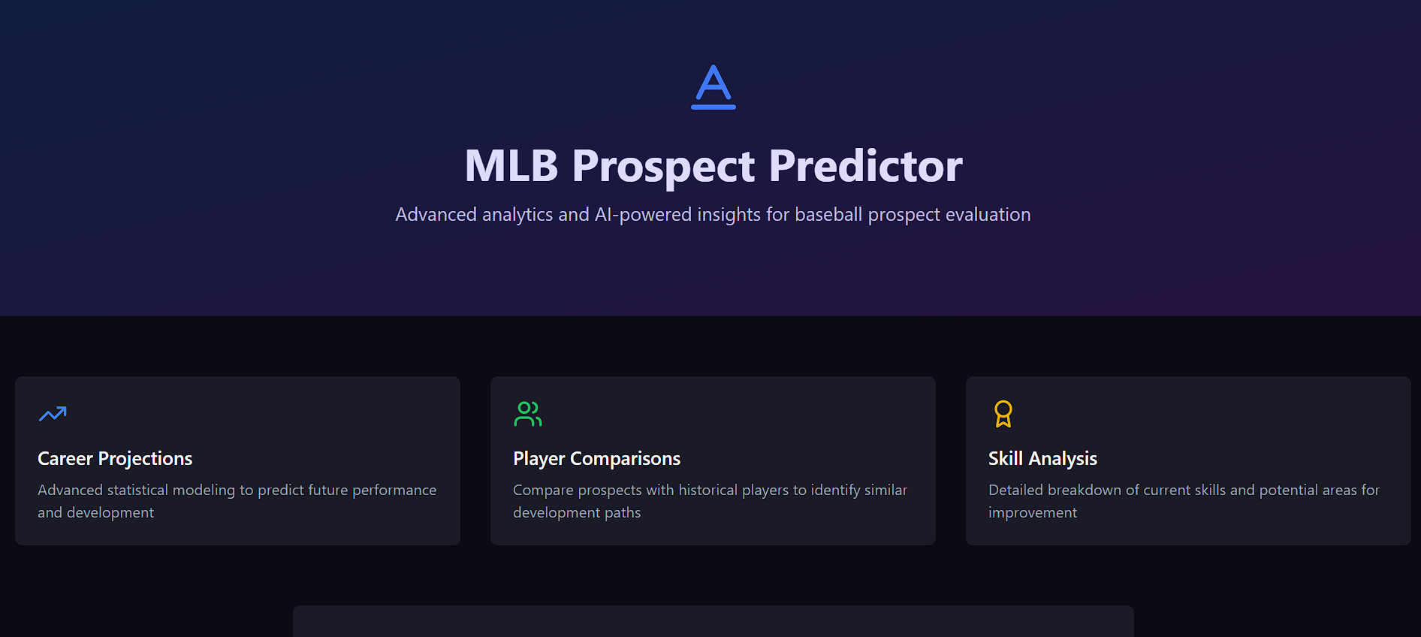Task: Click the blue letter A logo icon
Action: [x=714, y=87]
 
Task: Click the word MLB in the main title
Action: [x=511, y=166]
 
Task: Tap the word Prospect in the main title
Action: [x=663, y=167]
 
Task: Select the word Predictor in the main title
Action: [x=865, y=166]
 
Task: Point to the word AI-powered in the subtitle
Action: [x=643, y=215]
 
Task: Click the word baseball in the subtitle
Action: [x=828, y=214]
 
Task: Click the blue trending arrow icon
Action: [x=53, y=414]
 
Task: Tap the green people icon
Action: [x=528, y=414]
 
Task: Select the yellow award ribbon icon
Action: [x=1003, y=414]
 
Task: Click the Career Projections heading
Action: [x=115, y=458]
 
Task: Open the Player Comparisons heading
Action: [x=596, y=458]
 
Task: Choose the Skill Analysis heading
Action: [x=1042, y=458]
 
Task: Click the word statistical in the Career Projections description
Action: [x=137, y=490]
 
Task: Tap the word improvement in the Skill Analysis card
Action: [x=1033, y=513]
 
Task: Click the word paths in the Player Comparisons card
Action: [x=623, y=512]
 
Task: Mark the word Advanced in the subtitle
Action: [x=436, y=214]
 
